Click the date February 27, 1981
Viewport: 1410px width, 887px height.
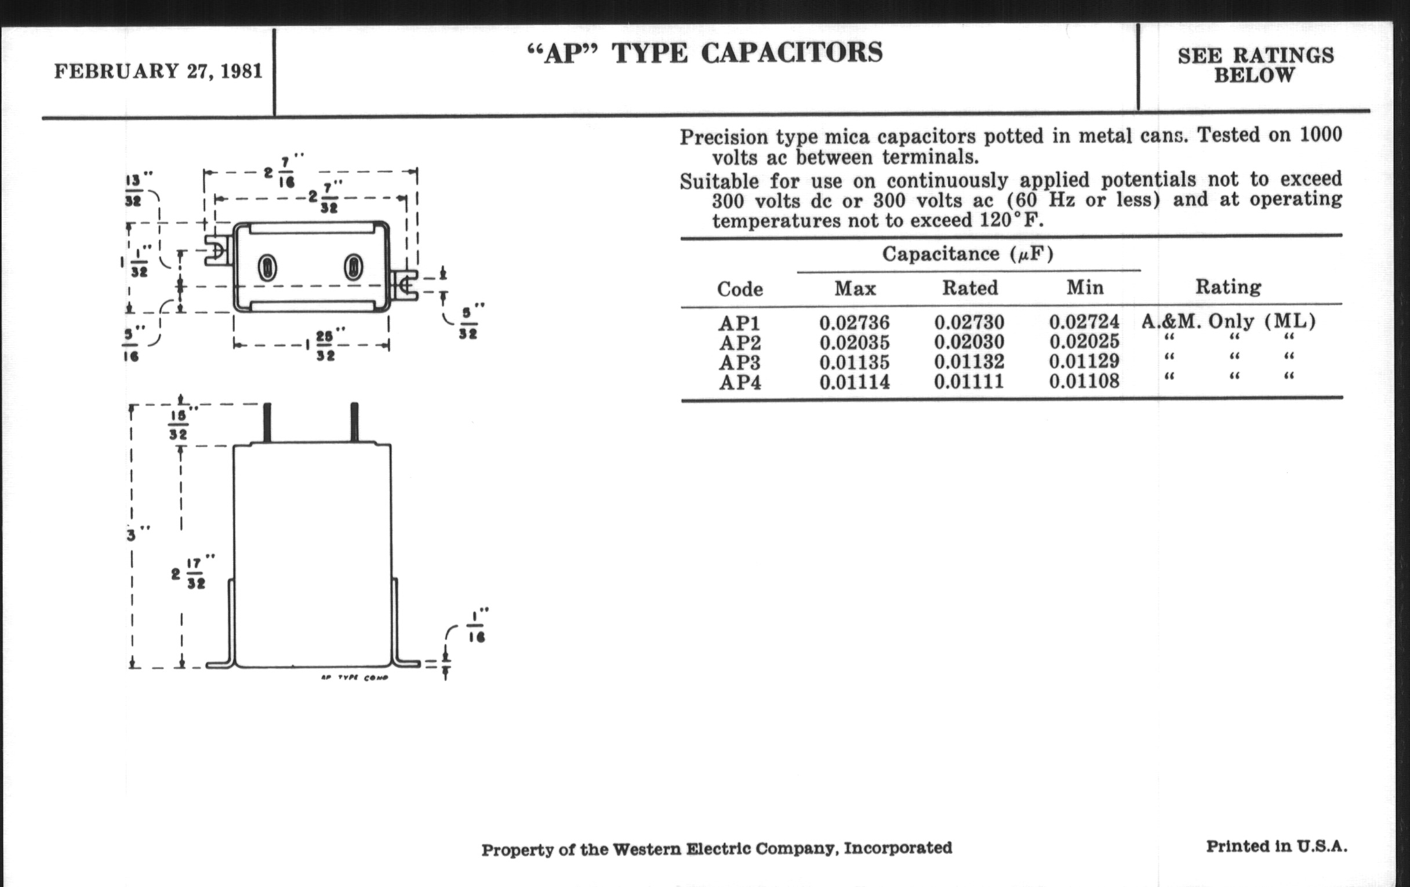click(x=158, y=71)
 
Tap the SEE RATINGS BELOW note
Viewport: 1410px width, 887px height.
click(x=1255, y=65)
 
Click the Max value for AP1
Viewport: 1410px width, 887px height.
click(x=855, y=322)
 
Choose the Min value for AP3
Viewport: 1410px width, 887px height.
click(x=1084, y=361)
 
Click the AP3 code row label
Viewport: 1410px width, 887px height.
click(x=740, y=362)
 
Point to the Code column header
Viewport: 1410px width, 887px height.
click(x=740, y=289)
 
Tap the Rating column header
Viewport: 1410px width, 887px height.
click(x=1228, y=287)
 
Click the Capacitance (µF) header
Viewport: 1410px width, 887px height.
click(x=968, y=254)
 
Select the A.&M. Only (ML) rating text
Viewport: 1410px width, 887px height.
click(x=1229, y=321)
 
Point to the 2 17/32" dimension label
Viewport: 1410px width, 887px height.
click(x=192, y=573)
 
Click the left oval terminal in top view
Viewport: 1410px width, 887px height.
click(x=268, y=268)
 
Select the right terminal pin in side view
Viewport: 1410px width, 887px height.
click(x=354, y=422)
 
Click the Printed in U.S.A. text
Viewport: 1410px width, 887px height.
click(x=1277, y=846)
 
